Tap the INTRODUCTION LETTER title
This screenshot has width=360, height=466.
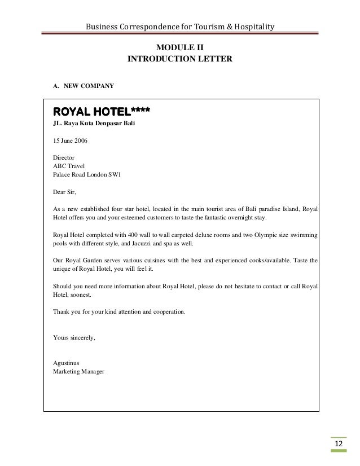[x=179, y=58]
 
